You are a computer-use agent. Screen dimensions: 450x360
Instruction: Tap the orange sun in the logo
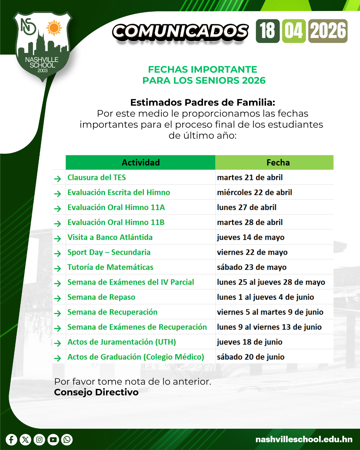click(54, 28)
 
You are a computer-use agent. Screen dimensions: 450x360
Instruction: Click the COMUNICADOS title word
click(180, 32)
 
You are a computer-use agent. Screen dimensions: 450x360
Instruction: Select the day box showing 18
click(268, 31)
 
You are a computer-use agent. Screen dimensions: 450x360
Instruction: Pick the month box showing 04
click(294, 31)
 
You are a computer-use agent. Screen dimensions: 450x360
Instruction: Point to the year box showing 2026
click(328, 31)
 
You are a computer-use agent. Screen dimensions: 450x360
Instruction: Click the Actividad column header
click(140, 162)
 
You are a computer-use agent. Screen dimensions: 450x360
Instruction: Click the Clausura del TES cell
click(97, 177)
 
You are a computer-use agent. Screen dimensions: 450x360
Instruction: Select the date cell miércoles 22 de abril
click(254, 192)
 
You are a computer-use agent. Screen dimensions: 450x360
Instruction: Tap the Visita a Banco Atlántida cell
click(110, 237)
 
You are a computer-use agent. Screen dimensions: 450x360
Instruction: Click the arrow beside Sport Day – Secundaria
click(58, 253)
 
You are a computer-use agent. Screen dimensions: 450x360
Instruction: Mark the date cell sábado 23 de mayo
click(252, 267)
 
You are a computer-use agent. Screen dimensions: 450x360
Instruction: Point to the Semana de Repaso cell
click(101, 297)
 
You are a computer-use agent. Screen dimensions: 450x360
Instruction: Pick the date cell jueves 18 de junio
click(250, 342)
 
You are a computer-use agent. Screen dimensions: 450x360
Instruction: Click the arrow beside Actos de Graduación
click(58, 358)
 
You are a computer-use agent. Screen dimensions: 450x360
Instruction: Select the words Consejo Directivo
click(96, 392)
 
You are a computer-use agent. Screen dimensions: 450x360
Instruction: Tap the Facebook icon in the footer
click(11, 440)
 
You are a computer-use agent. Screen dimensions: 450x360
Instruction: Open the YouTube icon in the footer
click(53, 440)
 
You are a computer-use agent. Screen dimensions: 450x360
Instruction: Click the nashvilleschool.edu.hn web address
click(304, 439)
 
